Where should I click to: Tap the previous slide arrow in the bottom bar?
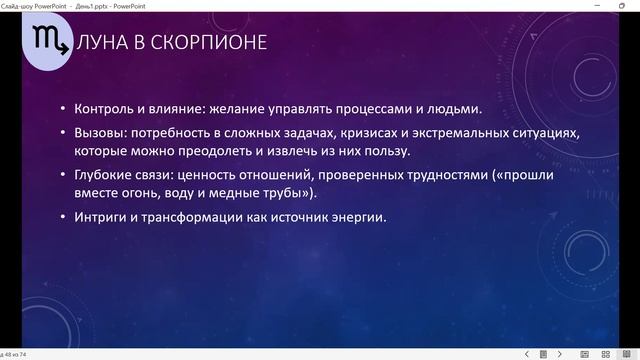(x=528, y=354)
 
